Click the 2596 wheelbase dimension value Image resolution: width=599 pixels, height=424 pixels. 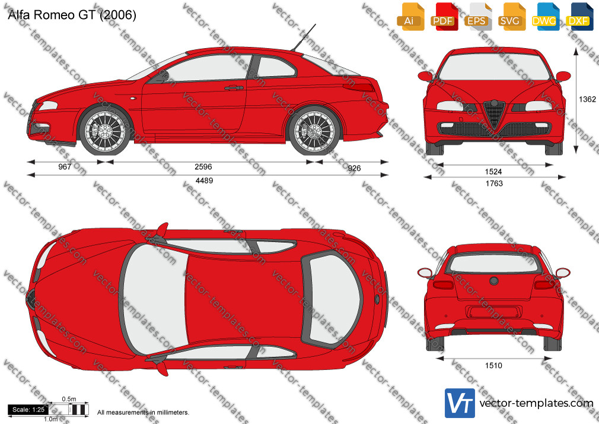[x=203, y=166]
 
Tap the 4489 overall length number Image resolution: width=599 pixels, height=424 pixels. [x=204, y=181]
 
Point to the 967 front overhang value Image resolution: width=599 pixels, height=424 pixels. [x=65, y=166]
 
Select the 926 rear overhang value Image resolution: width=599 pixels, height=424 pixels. [x=354, y=168]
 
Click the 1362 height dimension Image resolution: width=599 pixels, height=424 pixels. [x=587, y=99]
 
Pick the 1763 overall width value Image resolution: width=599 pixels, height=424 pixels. [x=494, y=183]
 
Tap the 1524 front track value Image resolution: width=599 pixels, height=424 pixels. [x=493, y=172]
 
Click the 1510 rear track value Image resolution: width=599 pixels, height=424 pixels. [x=493, y=366]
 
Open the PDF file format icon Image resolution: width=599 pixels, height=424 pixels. [x=443, y=17]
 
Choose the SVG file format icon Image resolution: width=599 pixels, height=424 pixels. [x=511, y=17]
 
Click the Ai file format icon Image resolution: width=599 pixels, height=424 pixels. [x=410, y=17]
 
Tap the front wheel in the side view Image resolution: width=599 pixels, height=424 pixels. [x=104, y=131]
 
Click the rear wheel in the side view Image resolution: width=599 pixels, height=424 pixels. [x=314, y=131]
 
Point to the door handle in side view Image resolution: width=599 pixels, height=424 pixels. [x=234, y=88]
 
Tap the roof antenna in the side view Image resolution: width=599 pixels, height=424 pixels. [x=304, y=37]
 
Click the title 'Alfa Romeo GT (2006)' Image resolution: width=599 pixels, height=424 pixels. [x=72, y=15]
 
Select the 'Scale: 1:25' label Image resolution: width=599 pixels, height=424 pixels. [x=28, y=410]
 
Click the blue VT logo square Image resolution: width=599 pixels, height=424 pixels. [x=460, y=403]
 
